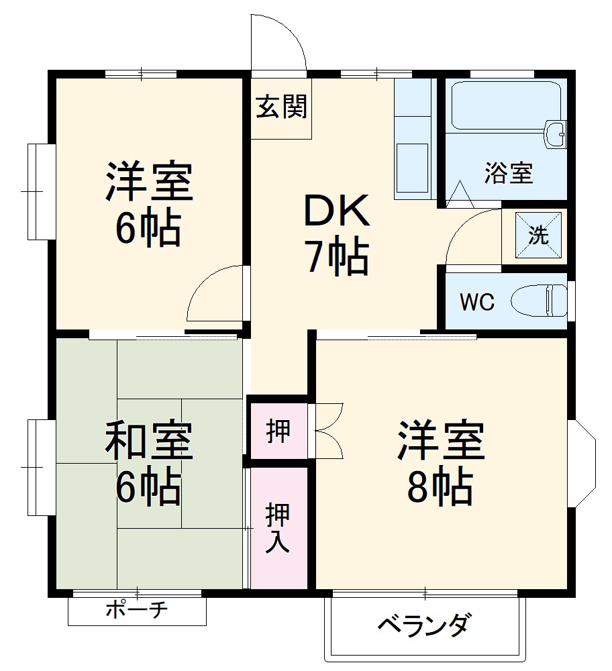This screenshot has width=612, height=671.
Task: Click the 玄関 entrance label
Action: (x=281, y=107)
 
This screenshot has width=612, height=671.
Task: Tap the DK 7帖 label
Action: (x=337, y=235)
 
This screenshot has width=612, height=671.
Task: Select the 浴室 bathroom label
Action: (x=509, y=173)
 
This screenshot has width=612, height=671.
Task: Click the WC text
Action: (x=476, y=302)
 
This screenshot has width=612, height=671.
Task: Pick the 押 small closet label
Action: (x=278, y=432)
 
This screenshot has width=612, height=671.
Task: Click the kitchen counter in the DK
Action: (x=412, y=141)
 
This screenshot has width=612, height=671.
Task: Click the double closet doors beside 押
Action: (x=327, y=431)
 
